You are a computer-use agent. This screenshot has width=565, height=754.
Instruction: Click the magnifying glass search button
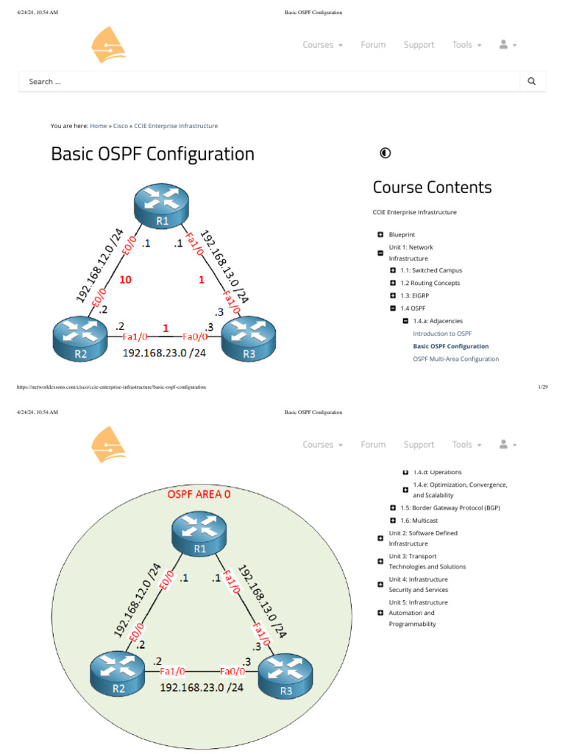[x=532, y=82]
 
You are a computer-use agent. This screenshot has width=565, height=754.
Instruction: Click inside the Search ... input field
[x=265, y=82]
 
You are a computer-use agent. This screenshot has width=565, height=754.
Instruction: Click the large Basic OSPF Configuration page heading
[x=152, y=154]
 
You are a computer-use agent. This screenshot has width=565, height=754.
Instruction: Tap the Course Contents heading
[x=432, y=187]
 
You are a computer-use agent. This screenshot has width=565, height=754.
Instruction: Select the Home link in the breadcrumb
[x=98, y=126]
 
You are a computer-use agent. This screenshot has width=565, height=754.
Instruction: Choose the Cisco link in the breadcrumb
[x=120, y=126]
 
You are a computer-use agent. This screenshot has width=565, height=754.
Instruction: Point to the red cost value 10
[x=125, y=280]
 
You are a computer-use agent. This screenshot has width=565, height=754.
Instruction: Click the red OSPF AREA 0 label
[x=199, y=494]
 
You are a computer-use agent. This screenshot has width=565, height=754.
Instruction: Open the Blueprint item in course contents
[x=402, y=234]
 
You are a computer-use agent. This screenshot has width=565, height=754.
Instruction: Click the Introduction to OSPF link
[x=442, y=334]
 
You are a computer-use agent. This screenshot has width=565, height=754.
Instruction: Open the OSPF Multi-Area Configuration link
[x=455, y=359]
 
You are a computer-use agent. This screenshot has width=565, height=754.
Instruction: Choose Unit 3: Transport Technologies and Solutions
[x=427, y=561]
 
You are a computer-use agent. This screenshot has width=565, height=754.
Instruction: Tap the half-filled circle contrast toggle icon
[x=385, y=153]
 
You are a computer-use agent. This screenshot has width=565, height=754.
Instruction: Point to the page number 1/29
[x=543, y=387]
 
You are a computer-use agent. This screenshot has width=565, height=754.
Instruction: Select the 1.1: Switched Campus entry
[x=431, y=270]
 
